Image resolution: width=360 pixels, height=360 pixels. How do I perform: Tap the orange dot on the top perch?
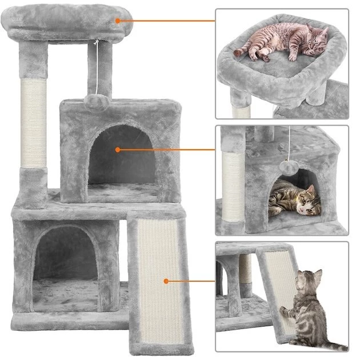[118, 21]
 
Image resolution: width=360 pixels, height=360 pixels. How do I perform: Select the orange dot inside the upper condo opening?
[118, 150]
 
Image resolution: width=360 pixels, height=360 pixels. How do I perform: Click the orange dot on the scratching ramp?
[166, 281]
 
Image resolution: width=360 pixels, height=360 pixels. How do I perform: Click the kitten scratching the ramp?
[309, 306]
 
